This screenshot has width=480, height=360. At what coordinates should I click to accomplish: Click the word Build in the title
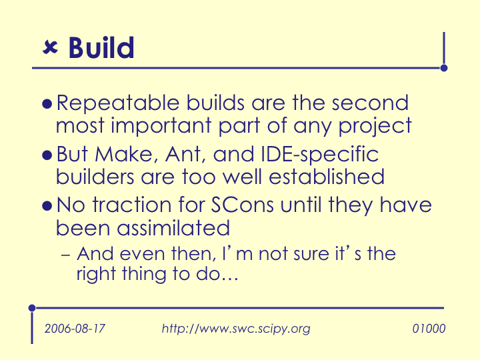coord(101,47)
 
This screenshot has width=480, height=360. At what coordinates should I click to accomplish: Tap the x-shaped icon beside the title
coord(50,47)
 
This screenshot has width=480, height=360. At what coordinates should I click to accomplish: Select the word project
coord(375,126)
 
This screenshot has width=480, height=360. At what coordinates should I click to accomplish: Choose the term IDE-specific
coord(319,155)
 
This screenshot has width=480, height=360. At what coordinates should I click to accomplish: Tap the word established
coord(327,177)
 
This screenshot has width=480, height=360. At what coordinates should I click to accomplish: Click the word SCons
coord(242,205)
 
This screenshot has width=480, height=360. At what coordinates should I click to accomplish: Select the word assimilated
coord(173,228)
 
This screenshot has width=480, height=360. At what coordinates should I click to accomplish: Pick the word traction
coord(132,205)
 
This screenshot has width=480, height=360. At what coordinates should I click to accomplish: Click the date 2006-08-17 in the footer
coord(75,329)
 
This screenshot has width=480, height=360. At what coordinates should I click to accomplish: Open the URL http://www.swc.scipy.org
coord(236,329)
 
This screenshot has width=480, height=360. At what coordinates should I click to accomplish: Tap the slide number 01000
coord(429,329)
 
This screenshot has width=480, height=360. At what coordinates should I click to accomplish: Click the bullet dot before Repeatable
coord(47,104)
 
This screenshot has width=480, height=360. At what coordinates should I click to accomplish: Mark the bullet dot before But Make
coord(47,155)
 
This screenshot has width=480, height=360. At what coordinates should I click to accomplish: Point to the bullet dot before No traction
coord(47,206)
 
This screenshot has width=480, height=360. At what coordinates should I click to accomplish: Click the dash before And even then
coord(65,255)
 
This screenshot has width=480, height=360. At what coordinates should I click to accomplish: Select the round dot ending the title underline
coord(444,68)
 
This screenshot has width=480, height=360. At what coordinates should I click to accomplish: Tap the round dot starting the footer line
coord(32,308)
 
